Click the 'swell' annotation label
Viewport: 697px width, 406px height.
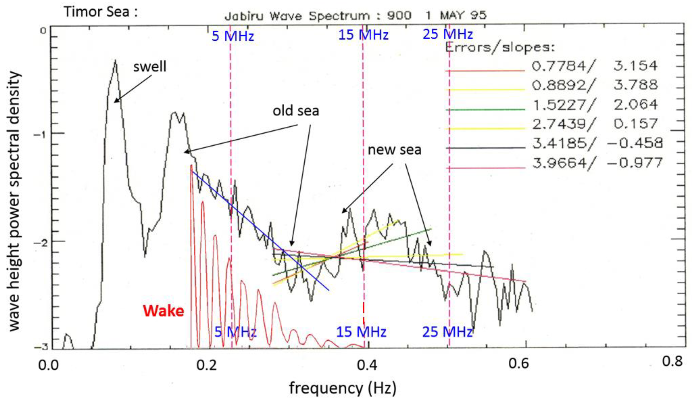click(150, 67)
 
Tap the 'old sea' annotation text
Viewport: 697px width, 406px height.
click(296, 111)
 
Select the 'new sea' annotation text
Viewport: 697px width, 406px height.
click(395, 150)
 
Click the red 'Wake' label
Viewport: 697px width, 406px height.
click(163, 311)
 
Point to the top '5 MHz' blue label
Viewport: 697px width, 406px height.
click(233, 36)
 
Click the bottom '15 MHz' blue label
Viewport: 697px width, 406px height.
click(361, 332)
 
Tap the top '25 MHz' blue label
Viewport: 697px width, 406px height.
click(448, 34)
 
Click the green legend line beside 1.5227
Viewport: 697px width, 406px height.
click(485, 109)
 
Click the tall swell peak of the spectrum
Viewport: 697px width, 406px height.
click(115, 61)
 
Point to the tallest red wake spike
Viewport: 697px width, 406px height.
click(191, 166)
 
